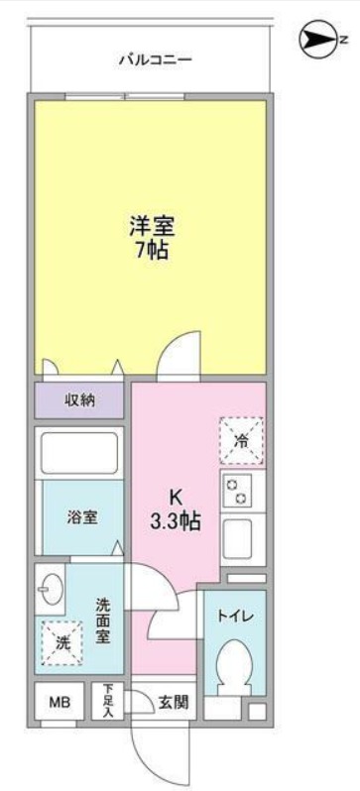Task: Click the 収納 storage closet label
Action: pyautogui.click(x=80, y=401)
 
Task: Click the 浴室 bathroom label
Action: pyautogui.click(x=81, y=517)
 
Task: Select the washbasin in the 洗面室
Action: pyautogui.click(x=50, y=594)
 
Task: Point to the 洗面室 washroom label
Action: pyautogui.click(x=103, y=621)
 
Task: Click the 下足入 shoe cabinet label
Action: pyautogui.click(x=108, y=700)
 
